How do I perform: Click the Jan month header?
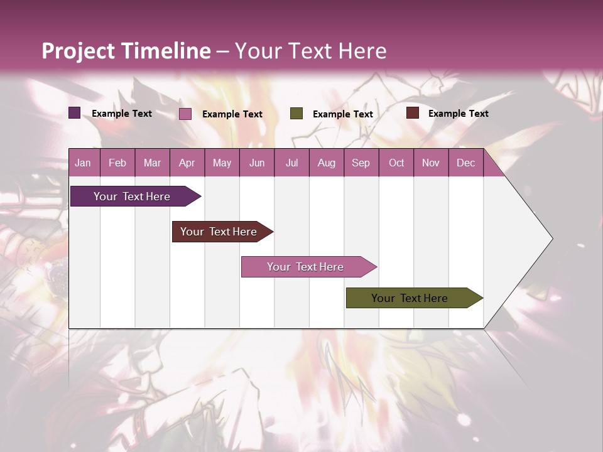point(83,163)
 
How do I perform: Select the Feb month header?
point(117,163)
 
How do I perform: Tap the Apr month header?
point(187,163)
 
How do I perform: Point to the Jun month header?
point(257,163)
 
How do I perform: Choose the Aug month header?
point(326,163)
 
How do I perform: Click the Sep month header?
point(361,163)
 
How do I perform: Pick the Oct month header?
point(396,163)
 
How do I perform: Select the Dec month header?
point(465,163)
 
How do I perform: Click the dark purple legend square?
point(75,113)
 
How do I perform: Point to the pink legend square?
point(185,114)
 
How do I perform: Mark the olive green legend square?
point(296,114)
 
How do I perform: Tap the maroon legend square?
point(413,113)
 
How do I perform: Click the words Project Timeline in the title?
point(126,51)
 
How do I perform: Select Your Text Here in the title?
point(311,51)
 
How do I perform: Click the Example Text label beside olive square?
point(343,114)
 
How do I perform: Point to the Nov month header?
point(431,163)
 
